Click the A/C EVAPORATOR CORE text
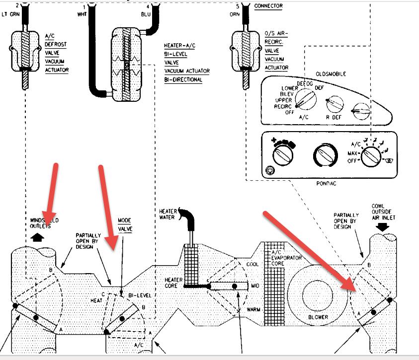[x=277, y=258]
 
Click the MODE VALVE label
[x=124, y=224]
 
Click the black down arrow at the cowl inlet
[x=382, y=227]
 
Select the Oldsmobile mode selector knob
[x=306, y=101]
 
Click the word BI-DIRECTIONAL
[x=183, y=79]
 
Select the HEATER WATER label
[x=168, y=215]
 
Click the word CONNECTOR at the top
[x=268, y=6]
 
